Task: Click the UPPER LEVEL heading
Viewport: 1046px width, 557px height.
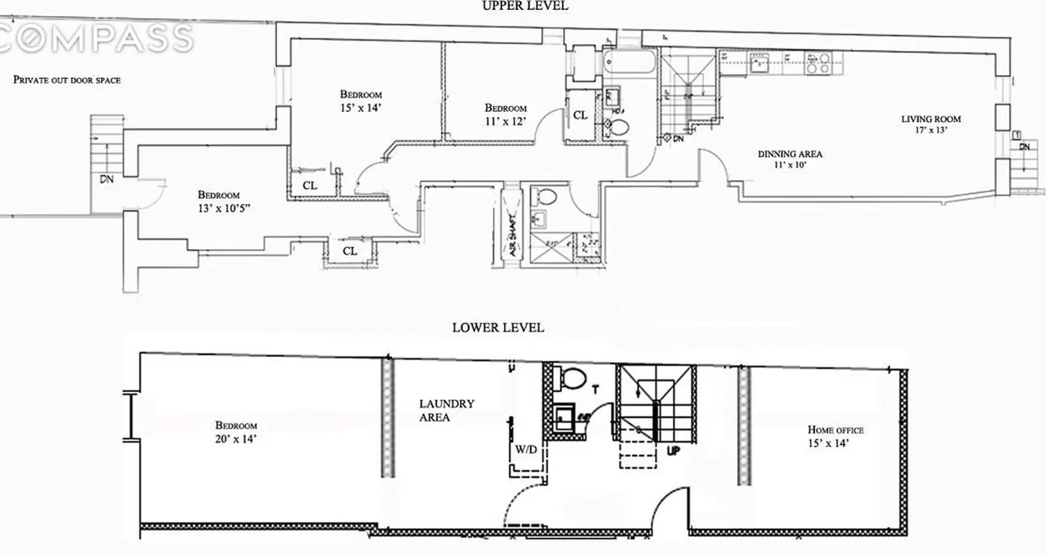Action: pos(525,6)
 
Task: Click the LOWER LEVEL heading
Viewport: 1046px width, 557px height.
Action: pos(498,327)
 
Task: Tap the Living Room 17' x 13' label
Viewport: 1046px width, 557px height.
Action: pos(931,124)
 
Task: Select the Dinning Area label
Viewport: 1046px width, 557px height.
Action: pos(790,159)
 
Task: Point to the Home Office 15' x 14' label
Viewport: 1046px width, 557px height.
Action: pos(835,436)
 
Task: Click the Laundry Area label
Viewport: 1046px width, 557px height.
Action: pos(446,410)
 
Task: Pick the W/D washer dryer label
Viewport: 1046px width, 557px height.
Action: pos(526,449)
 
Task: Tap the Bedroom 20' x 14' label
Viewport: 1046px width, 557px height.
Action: pos(236,432)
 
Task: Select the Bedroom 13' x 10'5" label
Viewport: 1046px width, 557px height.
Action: pos(223,201)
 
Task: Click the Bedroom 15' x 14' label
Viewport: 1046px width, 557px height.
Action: pos(361,101)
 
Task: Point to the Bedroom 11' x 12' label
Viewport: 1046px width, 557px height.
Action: pos(505,115)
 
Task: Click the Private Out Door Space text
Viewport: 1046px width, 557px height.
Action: pos(67,80)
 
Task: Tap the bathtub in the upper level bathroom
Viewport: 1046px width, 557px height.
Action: pos(629,62)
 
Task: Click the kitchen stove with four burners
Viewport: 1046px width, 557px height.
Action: pos(818,63)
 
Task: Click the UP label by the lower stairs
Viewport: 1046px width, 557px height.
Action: pos(673,451)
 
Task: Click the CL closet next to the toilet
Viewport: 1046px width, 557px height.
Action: pos(580,115)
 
